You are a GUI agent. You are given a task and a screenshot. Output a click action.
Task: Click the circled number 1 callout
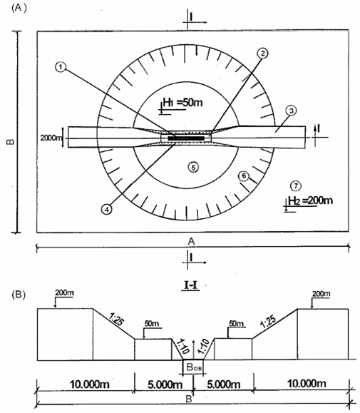(x=61, y=67)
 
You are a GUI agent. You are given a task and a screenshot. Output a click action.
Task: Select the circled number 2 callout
(x=262, y=53)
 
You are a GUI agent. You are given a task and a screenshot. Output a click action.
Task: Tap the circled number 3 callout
(x=292, y=111)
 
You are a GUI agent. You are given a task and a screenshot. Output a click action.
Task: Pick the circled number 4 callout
(x=107, y=210)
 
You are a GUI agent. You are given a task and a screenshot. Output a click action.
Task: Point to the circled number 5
(x=193, y=168)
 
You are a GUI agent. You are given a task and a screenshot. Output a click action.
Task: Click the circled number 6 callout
(x=244, y=176)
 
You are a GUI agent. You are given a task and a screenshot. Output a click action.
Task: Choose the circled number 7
(x=296, y=186)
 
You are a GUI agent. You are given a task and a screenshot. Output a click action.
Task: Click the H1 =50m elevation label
(x=182, y=102)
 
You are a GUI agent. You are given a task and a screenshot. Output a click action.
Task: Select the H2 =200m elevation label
(x=310, y=200)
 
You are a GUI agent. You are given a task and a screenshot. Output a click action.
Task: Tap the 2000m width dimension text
(x=51, y=138)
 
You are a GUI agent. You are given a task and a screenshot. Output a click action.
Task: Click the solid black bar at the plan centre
(x=186, y=138)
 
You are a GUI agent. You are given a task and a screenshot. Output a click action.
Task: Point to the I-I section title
(x=190, y=286)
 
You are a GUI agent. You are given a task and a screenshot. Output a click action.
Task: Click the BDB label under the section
(x=194, y=367)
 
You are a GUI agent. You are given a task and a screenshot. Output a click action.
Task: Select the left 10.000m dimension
(x=89, y=384)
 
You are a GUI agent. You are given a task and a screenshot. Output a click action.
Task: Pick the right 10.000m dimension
(x=307, y=384)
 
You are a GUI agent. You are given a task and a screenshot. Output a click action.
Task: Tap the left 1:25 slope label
(x=116, y=319)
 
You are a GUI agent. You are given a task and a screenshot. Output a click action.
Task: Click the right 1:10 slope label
(x=203, y=347)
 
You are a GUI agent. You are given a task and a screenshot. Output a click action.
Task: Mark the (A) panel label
(x=19, y=8)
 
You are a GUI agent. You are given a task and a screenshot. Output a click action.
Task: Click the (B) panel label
(x=19, y=295)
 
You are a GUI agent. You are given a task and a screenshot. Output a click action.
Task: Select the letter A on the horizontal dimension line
(x=191, y=241)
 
